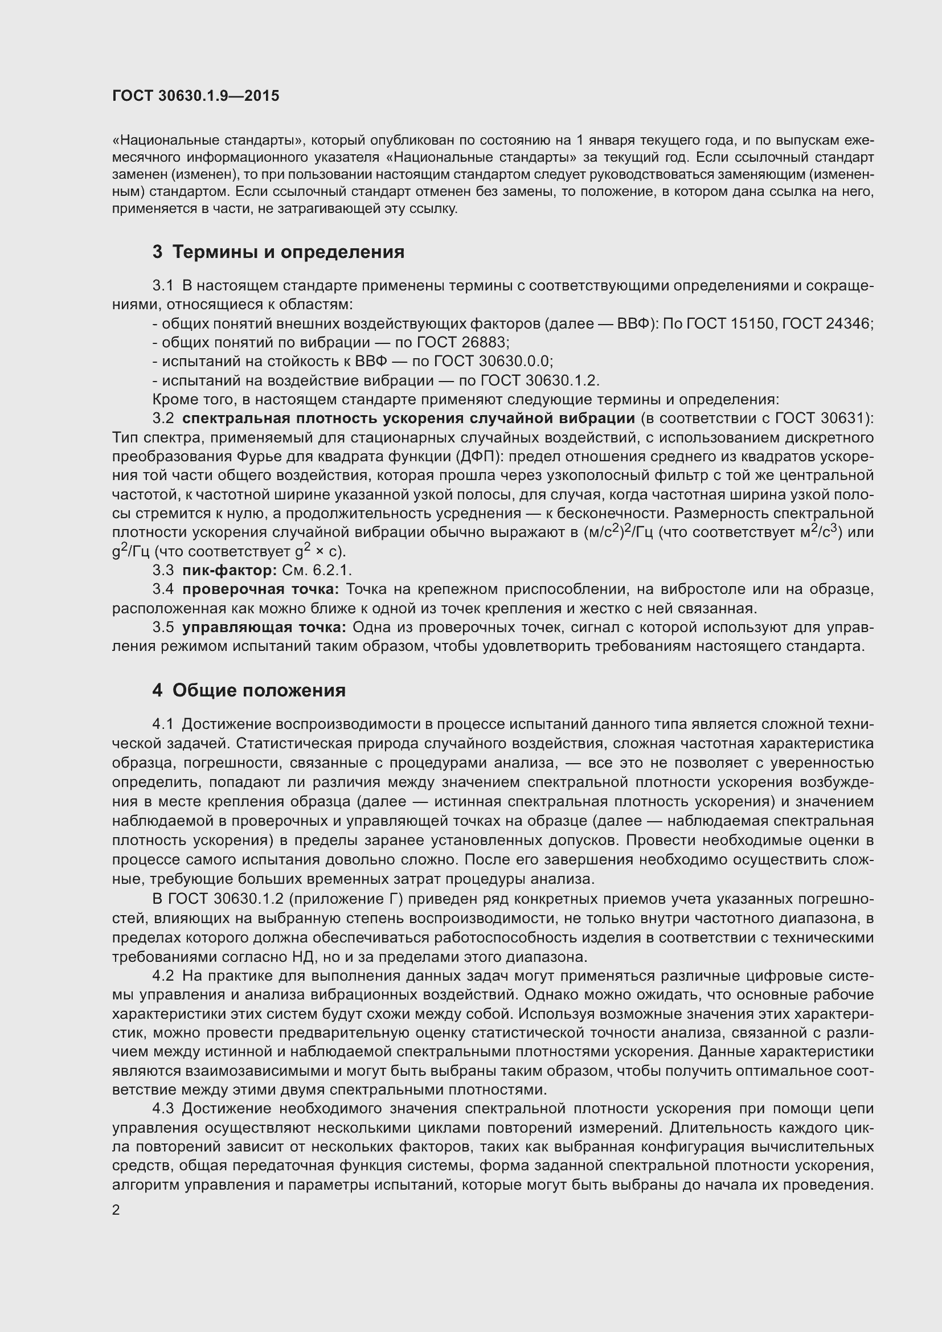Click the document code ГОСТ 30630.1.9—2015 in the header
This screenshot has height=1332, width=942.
click(x=195, y=96)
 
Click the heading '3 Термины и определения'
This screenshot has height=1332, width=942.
click(x=278, y=252)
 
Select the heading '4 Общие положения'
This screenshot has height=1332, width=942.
click(x=249, y=690)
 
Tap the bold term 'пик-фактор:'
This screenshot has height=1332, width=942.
click(x=230, y=570)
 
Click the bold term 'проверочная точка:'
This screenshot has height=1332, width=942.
click(x=260, y=589)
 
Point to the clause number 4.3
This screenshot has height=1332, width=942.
click(x=163, y=1109)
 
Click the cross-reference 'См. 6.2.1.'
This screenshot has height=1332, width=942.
click(x=317, y=570)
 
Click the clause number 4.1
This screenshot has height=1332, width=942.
click(x=163, y=724)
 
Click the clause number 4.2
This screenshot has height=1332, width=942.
click(x=163, y=975)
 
